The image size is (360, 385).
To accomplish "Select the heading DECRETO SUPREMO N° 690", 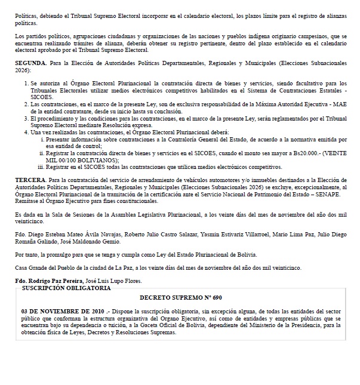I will tap(181, 297).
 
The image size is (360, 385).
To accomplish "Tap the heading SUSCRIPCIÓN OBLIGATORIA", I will tap(66, 288).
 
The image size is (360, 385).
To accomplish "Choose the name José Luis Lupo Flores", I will tap(124, 281).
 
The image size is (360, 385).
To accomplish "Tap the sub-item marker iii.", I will tap(42, 167).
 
